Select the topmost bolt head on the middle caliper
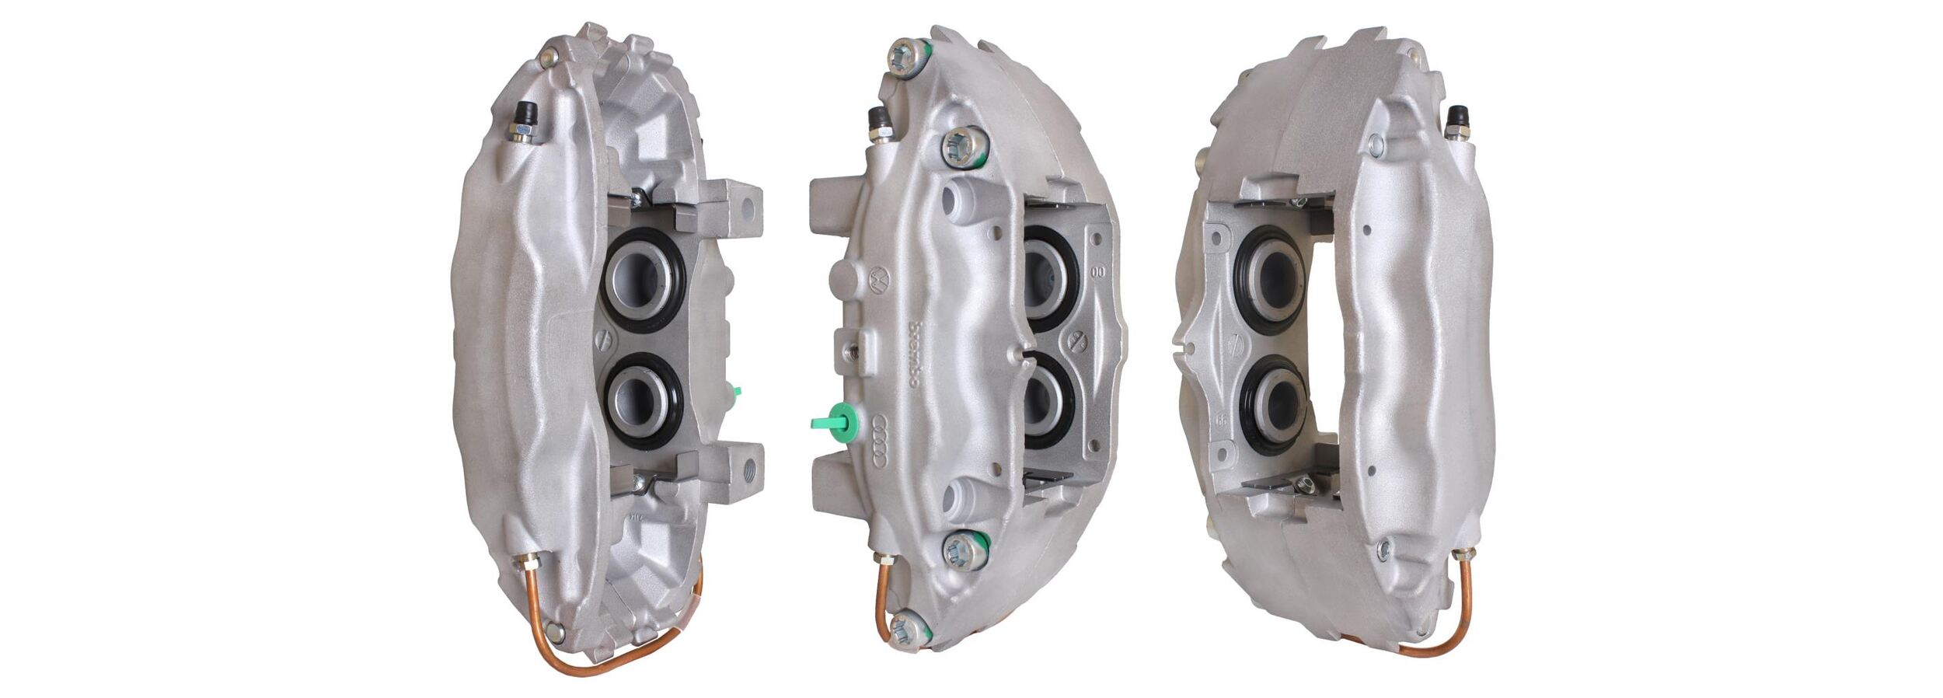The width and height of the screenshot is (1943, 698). point(909,55)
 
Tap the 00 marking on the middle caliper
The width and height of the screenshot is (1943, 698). point(1098,273)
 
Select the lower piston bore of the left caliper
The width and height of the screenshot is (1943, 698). point(644,401)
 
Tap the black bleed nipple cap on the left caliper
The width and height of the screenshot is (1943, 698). point(523,113)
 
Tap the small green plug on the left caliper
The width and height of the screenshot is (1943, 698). point(735,393)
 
